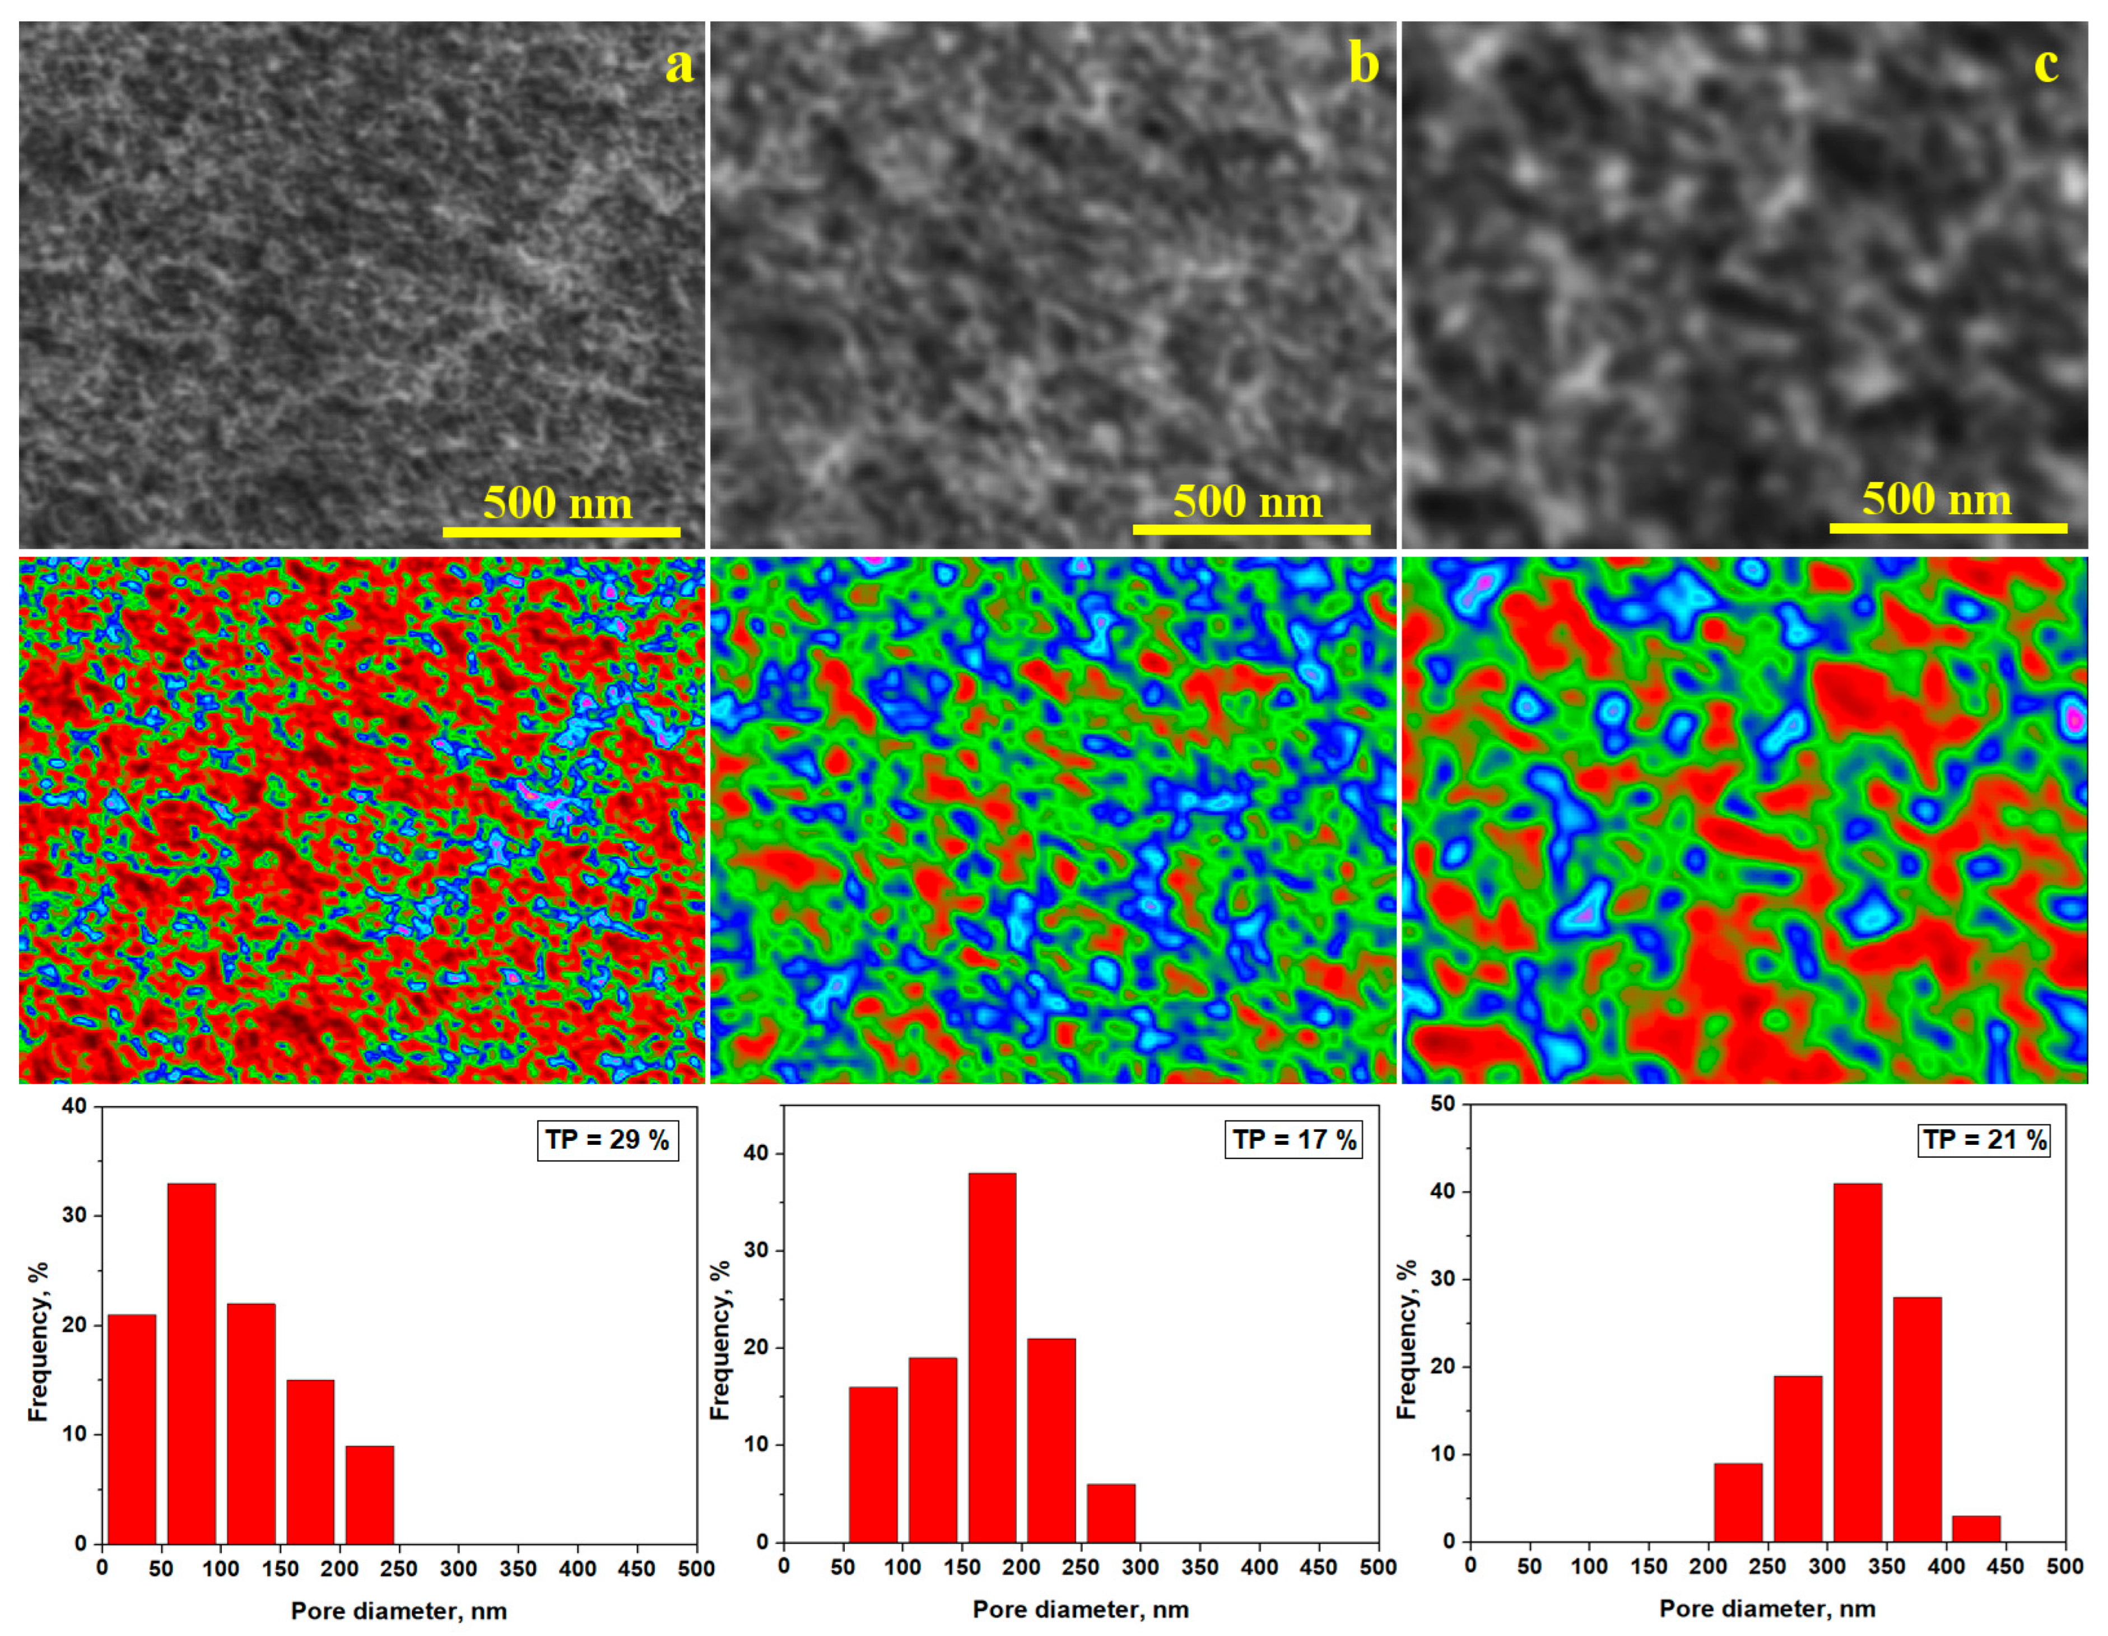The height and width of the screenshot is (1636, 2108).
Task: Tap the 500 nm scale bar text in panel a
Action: [558, 503]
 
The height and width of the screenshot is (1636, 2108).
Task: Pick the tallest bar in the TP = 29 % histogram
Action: [191, 1363]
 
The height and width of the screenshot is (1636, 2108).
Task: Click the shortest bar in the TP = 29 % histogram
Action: [370, 1494]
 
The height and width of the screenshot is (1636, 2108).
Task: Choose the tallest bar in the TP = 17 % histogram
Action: [992, 1357]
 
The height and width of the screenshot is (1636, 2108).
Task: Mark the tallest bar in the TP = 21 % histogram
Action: [1857, 1362]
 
